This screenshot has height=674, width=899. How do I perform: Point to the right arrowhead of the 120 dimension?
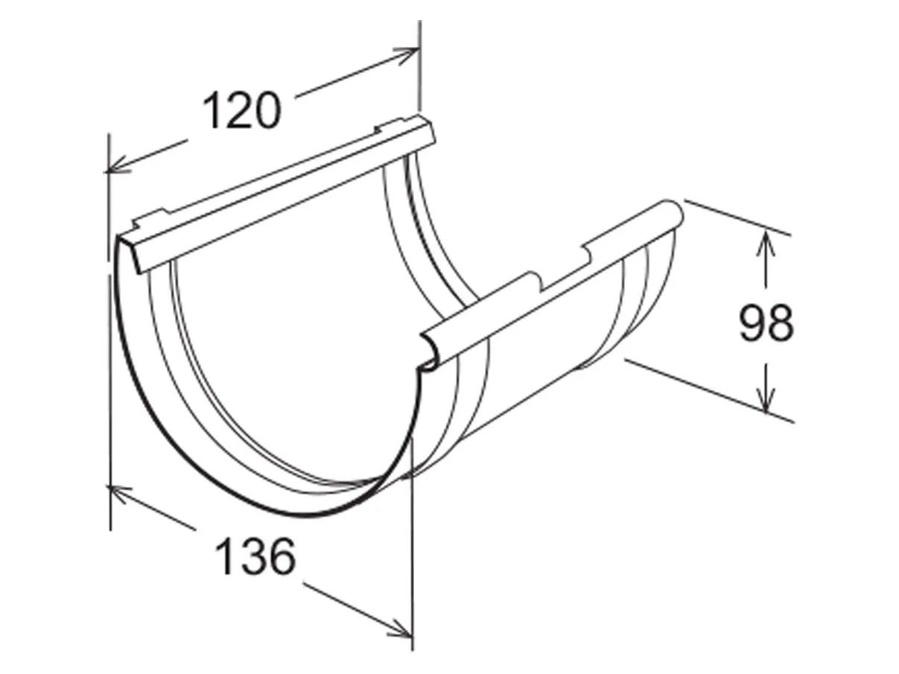pyautogui.click(x=410, y=53)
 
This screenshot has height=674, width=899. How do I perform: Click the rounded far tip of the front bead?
pyautogui.click(x=675, y=213)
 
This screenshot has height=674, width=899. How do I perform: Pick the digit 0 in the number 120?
pyautogui.click(x=267, y=110)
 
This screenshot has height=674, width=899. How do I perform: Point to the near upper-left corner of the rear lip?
pyautogui.click(x=119, y=238)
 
